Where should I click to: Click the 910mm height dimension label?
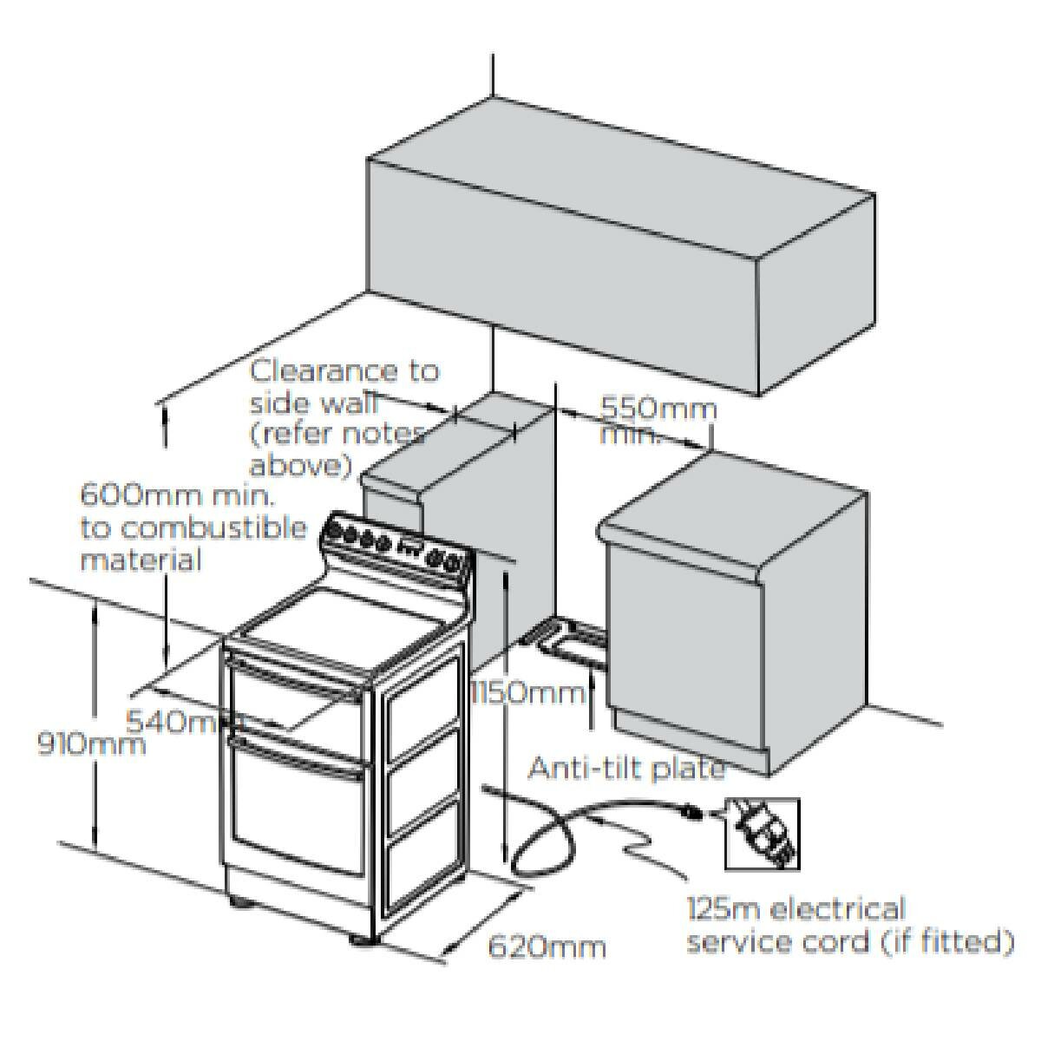[91, 743]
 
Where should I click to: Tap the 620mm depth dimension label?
[546, 945]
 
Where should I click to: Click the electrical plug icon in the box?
[762, 834]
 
